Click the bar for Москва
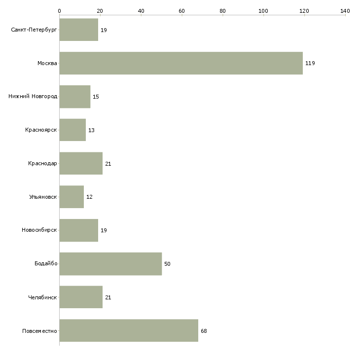pyautogui.click(x=181, y=63)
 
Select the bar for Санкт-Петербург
pyautogui.click(x=79, y=30)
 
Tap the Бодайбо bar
pyautogui.click(x=110, y=264)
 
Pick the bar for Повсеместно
pyautogui.click(x=129, y=330)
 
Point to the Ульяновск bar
pyautogui.click(x=72, y=197)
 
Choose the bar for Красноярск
pyautogui.click(x=72, y=130)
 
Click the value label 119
pyautogui.click(x=310, y=63)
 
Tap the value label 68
pyautogui.click(x=204, y=331)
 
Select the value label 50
pyautogui.click(x=167, y=264)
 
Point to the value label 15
pyautogui.click(x=96, y=97)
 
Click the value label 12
pyautogui.click(x=89, y=197)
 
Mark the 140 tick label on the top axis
pyautogui.click(x=345, y=11)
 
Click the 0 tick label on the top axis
pyautogui.click(x=60, y=11)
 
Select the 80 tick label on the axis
pyautogui.click(x=222, y=11)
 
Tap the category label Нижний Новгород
pyautogui.click(x=33, y=97)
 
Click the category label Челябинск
pyautogui.click(x=42, y=297)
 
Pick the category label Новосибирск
pyautogui.click(x=39, y=230)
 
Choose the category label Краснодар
pyautogui.click(x=42, y=163)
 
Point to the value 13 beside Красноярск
pyautogui.click(x=91, y=130)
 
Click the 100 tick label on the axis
pyautogui.click(x=263, y=11)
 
